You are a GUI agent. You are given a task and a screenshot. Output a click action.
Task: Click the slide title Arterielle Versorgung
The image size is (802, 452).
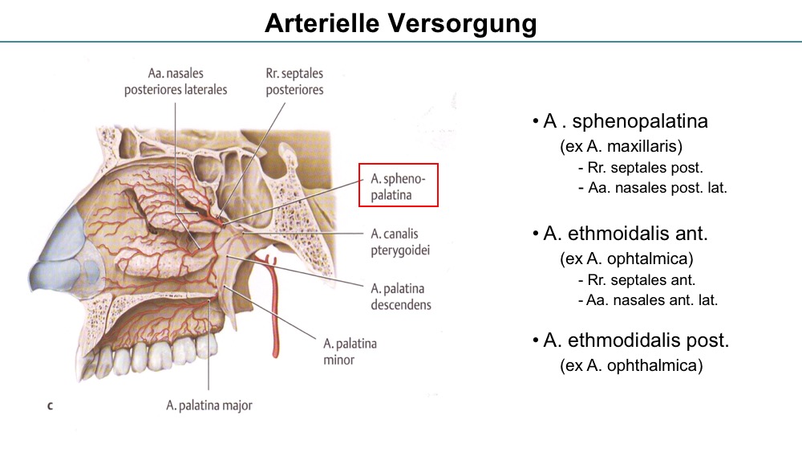tap(400, 23)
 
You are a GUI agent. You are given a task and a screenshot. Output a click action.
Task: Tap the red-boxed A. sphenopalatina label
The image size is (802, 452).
tap(398, 186)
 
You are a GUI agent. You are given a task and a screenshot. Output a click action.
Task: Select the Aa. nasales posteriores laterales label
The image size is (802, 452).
tap(176, 81)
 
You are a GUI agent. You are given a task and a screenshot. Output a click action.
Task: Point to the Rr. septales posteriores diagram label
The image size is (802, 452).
tap(294, 81)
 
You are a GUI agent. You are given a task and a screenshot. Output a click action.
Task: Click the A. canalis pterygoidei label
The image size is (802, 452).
tap(400, 242)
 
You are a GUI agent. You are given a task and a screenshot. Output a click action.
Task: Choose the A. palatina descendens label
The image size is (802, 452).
tap(400, 296)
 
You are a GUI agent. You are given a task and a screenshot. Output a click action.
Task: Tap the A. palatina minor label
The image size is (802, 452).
tap(350, 351)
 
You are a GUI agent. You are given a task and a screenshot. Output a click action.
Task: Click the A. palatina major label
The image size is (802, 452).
tap(209, 405)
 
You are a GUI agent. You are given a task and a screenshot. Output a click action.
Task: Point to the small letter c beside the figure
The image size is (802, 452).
tap(50, 406)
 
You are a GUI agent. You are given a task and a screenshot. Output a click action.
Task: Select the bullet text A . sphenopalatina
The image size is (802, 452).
tap(625, 121)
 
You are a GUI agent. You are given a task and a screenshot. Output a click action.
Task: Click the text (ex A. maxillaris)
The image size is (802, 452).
tap(621, 146)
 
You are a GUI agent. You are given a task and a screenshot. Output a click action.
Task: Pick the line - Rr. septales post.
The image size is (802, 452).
tap(640, 167)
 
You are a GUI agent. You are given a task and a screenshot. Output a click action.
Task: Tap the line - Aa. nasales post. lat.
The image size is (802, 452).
tap(652, 188)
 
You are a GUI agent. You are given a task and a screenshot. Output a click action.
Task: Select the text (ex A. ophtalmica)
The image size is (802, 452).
tap(626, 259)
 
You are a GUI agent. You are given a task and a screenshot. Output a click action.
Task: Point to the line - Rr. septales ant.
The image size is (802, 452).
tap(637, 280)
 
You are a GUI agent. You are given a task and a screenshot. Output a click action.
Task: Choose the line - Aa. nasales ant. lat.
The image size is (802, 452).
tap(648, 300)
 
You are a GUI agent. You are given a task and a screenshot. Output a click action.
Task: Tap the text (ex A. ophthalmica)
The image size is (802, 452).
tap(631, 365)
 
